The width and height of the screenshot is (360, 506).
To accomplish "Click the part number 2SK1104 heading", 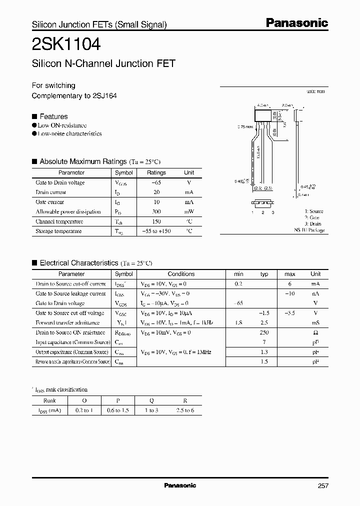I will point(66,44).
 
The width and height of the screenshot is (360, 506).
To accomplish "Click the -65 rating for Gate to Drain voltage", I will point(156,182).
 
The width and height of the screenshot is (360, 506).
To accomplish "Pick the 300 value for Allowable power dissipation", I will point(156,211).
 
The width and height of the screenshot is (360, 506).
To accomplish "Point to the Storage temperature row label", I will point(59,231).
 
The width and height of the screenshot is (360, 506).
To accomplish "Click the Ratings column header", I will point(156,172).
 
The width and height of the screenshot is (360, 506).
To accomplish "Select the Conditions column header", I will point(181,274).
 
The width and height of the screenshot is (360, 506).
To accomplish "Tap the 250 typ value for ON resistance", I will point(264,332).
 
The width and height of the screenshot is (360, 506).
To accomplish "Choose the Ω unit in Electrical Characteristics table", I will point(315,332).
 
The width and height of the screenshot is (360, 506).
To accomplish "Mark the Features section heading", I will point(53,116).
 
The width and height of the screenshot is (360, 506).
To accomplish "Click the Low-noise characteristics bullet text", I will point(69,134).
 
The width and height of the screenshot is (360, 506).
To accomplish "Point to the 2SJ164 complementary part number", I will point(105,95).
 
